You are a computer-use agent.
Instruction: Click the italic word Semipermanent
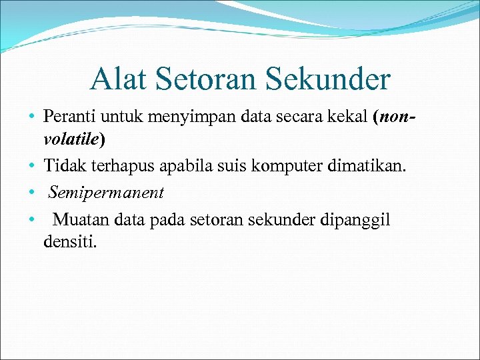105,193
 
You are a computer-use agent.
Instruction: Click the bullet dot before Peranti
32,118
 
